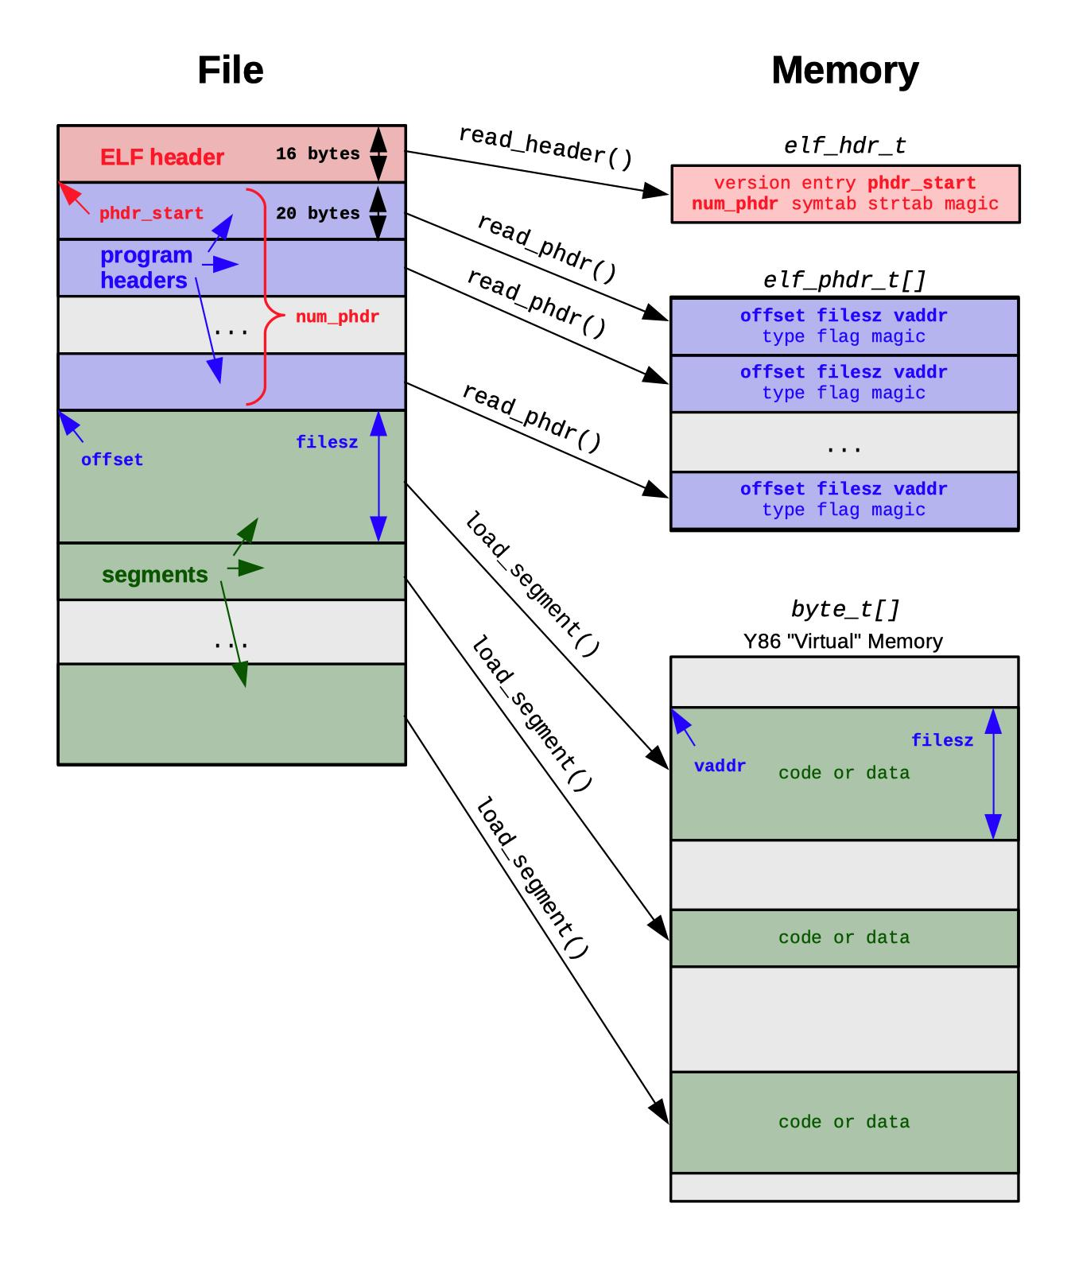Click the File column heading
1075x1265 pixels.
[230, 71]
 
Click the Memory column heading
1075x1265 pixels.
[844, 71]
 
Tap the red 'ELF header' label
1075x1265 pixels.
[161, 157]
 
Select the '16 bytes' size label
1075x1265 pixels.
[317, 154]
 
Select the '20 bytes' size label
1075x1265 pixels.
[317, 214]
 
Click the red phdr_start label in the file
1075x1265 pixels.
[151, 214]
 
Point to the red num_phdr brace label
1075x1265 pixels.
[337, 317]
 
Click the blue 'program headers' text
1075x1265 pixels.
[146, 268]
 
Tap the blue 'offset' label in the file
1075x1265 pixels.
[111, 460]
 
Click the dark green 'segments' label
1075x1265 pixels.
[154, 575]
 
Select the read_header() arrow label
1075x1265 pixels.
[545, 148]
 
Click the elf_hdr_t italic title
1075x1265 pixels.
[844, 146]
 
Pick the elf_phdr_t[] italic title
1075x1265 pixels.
[844, 281]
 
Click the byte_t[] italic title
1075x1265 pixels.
[844, 610]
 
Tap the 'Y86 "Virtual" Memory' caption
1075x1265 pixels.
[843, 642]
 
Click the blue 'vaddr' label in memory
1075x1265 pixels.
[720, 766]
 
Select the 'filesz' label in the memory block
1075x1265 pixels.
[941, 741]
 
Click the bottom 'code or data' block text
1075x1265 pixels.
[844, 1122]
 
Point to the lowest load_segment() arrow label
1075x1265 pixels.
[531, 878]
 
